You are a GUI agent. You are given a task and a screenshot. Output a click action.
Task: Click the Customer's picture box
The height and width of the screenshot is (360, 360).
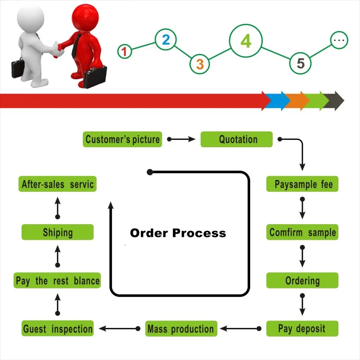click(x=122, y=139)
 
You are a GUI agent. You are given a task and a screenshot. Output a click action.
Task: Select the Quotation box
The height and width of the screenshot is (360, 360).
click(x=237, y=139)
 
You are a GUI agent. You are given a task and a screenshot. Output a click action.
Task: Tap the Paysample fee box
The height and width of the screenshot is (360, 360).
click(x=302, y=184)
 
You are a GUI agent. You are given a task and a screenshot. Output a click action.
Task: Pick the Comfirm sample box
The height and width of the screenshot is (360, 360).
click(x=302, y=233)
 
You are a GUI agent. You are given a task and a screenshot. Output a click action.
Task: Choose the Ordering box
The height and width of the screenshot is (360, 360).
click(x=302, y=281)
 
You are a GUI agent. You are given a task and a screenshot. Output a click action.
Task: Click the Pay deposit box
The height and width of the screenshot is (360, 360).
click(x=302, y=328)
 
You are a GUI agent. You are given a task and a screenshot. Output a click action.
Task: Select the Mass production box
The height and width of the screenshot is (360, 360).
click(x=181, y=328)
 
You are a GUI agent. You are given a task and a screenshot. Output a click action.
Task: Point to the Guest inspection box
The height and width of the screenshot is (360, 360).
click(x=58, y=328)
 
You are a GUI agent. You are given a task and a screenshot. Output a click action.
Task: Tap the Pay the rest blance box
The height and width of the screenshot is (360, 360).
click(x=57, y=281)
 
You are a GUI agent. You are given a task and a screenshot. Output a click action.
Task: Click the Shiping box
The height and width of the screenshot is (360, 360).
click(x=58, y=233)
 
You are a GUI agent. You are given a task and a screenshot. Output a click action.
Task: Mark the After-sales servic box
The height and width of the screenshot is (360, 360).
click(x=58, y=184)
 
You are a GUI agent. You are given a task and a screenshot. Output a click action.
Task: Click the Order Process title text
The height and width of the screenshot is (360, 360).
click(x=178, y=233)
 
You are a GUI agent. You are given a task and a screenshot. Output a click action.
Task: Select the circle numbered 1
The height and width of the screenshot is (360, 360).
click(x=125, y=51)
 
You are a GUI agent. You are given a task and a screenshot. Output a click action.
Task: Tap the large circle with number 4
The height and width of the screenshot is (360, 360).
click(x=246, y=41)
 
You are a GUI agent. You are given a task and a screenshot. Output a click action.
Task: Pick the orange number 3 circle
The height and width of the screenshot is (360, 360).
click(x=200, y=64)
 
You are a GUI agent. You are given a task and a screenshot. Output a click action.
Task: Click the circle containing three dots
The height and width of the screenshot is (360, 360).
click(x=339, y=41)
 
